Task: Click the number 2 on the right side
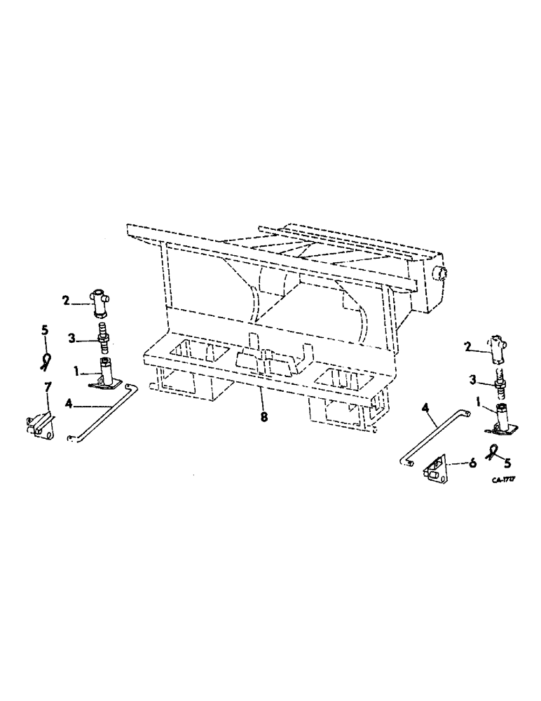click(x=468, y=346)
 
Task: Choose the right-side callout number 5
click(x=507, y=463)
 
